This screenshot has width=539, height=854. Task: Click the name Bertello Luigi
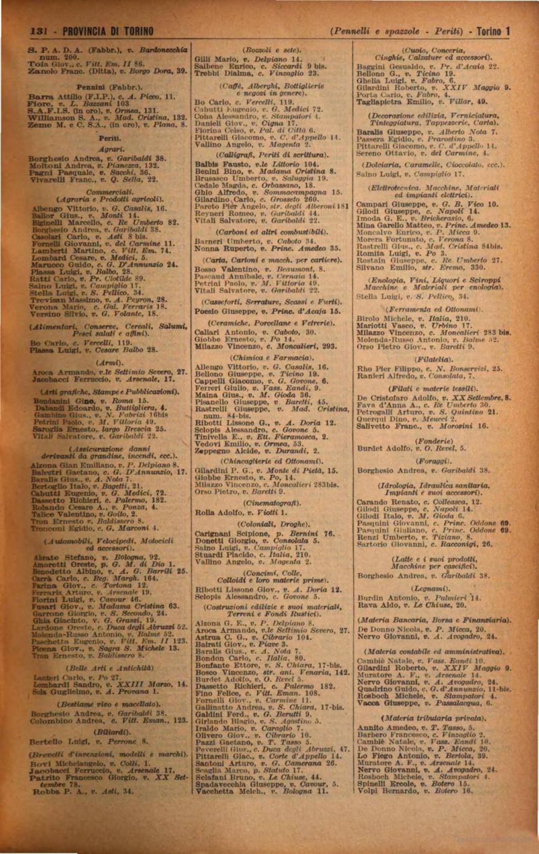point(55,741)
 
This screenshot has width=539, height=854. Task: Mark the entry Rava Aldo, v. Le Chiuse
point(411,605)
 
